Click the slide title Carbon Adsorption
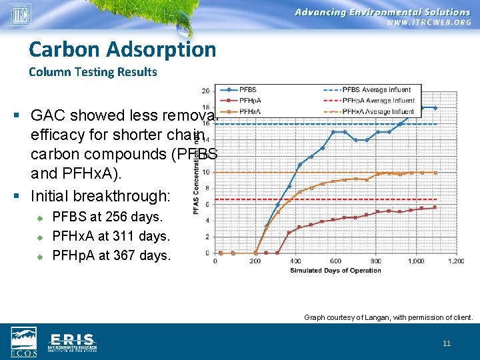(x=123, y=49)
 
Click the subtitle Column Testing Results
(x=93, y=72)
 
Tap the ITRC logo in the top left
(x=20, y=13)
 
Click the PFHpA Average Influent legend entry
(x=371, y=101)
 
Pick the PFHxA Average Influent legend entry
(x=371, y=111)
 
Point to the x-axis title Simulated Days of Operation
(x=335, y=270)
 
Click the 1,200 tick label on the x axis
(x=455, y=261)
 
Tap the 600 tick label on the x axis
(x=335, y=261)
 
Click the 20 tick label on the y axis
(x=205, y=91)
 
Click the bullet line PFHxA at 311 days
(x=111, y=235)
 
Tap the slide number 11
(x=447, y=343)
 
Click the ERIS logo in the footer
(x=72, y=342)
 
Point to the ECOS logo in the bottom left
(x=23, y=342)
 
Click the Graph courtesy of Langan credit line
(x=388, y=318)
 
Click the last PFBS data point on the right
(x=435, y=108)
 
